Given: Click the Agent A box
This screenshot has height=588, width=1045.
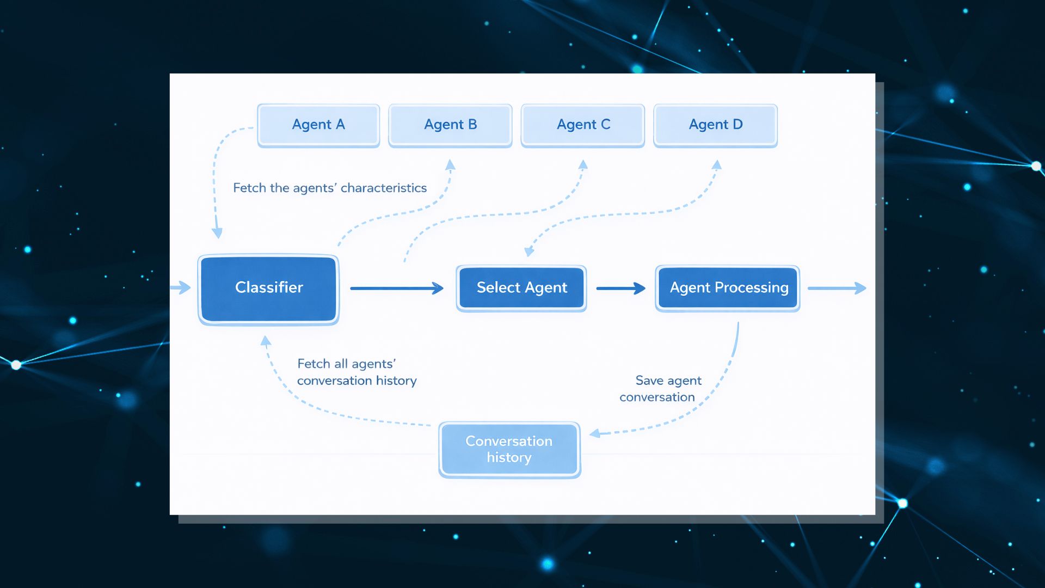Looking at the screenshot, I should pyautogui.click(x=318, y=125).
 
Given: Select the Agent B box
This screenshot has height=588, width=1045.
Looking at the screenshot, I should pyautogui.click(x=450, y=125).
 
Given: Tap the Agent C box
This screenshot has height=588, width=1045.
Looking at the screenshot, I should pyautogui.click(x=583, y=125).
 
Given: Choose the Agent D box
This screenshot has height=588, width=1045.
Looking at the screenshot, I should pyautogui.click(x=715, y=125).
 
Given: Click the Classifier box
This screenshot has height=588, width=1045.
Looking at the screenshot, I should pyautogui.click(x=269, y=289).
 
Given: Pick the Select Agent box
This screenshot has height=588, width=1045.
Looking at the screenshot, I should pyautogui.click(x=521, y=288).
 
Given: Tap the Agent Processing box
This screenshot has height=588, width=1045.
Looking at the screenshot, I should pyautogui.click(x=728, y=288).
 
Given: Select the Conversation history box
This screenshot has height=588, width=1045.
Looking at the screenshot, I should pyautogui.click(x=509, y=450).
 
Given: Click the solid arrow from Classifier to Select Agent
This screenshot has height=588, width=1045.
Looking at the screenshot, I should pyautogui.click(x=397, y=288).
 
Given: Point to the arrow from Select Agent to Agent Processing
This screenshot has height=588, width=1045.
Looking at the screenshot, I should pyautogui.click(x=620, y=288).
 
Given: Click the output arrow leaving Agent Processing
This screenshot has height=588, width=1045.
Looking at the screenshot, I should pyautogui.click(x=837, y=288).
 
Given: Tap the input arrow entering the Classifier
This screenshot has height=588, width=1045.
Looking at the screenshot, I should pyautogui.click(x=181, y=287).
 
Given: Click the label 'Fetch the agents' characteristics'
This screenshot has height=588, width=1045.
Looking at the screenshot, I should pyautogui.click(x=330, y=188).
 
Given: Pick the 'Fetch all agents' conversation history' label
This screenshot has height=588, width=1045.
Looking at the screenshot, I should pyautogui.click(x=356, y=372).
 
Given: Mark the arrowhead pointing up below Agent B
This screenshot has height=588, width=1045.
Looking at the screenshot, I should pyautogui.click(x=450, y=165).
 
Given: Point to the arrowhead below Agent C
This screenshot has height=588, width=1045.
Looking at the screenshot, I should pyautogui.click(x=583, y=165).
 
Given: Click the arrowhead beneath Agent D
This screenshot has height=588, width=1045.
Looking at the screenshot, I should pyautogui.click(x=717, y=165).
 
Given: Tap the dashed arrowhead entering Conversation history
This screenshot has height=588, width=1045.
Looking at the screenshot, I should pyautogui.click(x=595, y=433).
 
